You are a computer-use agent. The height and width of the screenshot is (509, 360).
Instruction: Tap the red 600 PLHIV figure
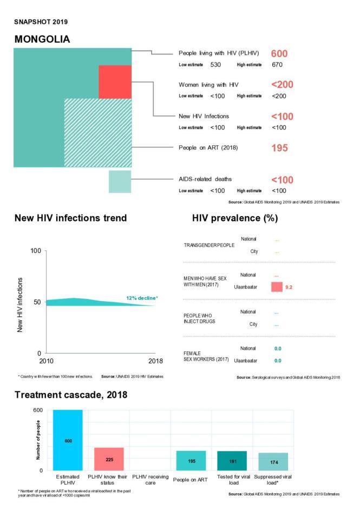click(x=279, y=54)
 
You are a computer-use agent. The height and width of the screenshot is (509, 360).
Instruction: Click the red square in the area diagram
click(x=115, y=82)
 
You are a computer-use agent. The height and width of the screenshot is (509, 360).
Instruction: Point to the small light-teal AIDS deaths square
click(x=120, y=181)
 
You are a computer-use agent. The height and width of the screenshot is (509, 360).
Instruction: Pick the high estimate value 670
click(x=279, y=65)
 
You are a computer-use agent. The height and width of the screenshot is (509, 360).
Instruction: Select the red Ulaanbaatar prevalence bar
click(x=277, y=286)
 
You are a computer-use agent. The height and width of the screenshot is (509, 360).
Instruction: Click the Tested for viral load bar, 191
click(x=232, y=461)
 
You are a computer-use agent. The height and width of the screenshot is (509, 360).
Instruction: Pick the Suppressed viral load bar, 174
click(x=273, y=462)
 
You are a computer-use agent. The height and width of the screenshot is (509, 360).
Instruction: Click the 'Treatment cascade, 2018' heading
click(x=70, y=395)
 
